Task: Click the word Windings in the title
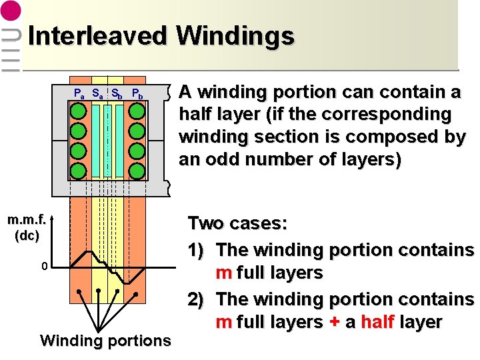point(235,36)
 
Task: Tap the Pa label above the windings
point(79,93)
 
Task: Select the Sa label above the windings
point(97,93)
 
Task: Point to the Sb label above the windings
point(116,93)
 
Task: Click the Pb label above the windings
point(137,93)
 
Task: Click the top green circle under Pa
point(79,111)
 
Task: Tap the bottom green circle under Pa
point(79,169)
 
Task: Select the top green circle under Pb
point(137,111)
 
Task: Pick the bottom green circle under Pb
point(137,169)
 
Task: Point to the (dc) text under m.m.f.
point(27,235)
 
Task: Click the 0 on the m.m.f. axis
point(44,267)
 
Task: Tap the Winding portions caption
point(105,341)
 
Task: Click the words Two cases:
point(237,223)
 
